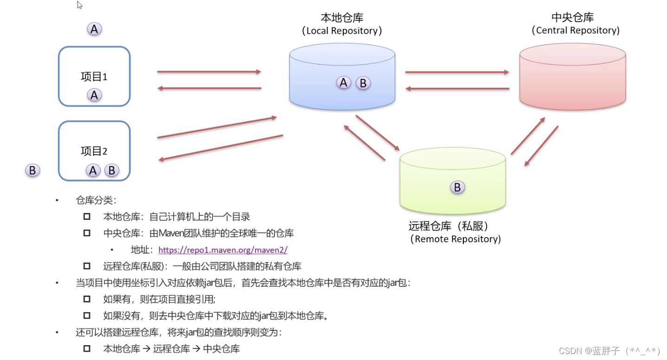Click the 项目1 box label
(94, 77)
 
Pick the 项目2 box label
(94, 151)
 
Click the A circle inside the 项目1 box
(94, 95)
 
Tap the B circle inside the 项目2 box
(112, 170)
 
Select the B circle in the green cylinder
(457, 187)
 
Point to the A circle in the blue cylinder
(343, 83)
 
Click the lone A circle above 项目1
(94, 29)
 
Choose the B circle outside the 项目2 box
(32, 170)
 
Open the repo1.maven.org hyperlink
(223, 250)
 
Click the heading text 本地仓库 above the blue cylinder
(342, 18)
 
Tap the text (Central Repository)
(575, 31)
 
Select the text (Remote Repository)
(455, 239)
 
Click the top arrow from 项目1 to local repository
(209, 72)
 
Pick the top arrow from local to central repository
(457, 72)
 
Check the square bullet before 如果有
(87, 299)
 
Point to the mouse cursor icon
(79, 5)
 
